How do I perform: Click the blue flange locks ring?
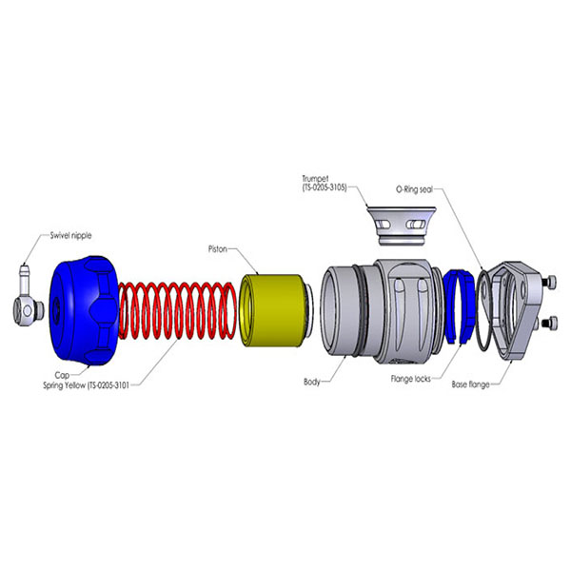point(464,305)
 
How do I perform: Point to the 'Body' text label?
point(312,382)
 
